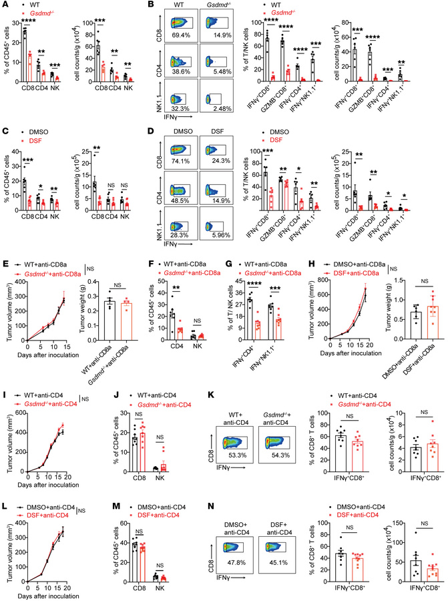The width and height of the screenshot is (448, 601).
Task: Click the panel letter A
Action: point(5,6)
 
